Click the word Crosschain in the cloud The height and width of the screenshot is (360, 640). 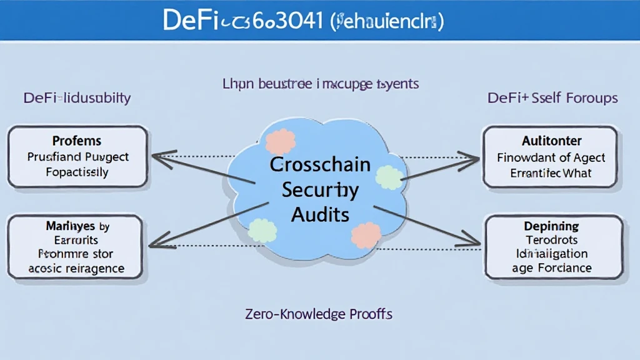[x=320, y=165]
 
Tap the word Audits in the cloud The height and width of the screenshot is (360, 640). [x=320, y=214]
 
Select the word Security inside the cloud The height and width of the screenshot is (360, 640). [x=320, y=190]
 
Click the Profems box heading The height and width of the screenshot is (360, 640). [x=77, y=141]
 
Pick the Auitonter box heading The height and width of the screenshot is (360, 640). [x=552, y=141]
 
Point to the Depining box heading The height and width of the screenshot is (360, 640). [x=551, y=226]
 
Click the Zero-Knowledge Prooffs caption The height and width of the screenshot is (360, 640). [x=319, y=313]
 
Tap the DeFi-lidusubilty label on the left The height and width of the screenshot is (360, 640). [x=77, y=98]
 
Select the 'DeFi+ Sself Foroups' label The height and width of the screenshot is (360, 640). [x=552, y=98]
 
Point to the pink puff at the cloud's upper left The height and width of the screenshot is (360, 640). [x=281, y=142]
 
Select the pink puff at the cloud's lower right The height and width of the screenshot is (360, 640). [x=366, y=235]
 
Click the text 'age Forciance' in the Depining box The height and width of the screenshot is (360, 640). [x=551, y=267]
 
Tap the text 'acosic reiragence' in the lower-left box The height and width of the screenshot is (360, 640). [x=77, y=268]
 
